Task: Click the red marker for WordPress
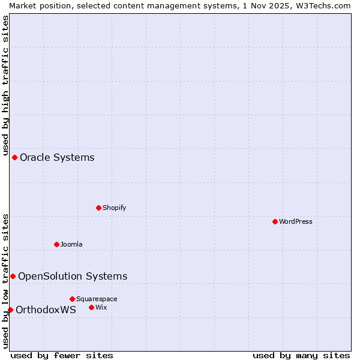click(x=275, y=221)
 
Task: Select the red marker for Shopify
click(x=98, y=208)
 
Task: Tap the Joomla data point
click(x=56, y=244)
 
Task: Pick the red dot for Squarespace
click(x=72, y=299)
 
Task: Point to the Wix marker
click(x=91, y=307)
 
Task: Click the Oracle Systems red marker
click(x=14, y=157)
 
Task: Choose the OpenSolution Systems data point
click(x=13, y=276)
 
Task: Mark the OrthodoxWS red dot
click(x=10, y=310)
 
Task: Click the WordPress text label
click(x=296, y=221)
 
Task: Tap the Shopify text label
click(x=114, y=208)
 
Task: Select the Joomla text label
click(x=71, y=244)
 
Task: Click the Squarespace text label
click(x=97, y=299)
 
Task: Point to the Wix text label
click(x=101, y=307)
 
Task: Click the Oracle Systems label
click(x=57, y=157)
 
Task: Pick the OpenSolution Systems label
click(x=73, y=276)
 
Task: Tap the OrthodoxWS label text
click(x=46, y=310)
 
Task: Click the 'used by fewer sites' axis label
click(x=62, y=355)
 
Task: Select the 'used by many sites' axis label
click(x=301, y=355)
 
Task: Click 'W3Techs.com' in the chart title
click(x=322, y=5)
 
